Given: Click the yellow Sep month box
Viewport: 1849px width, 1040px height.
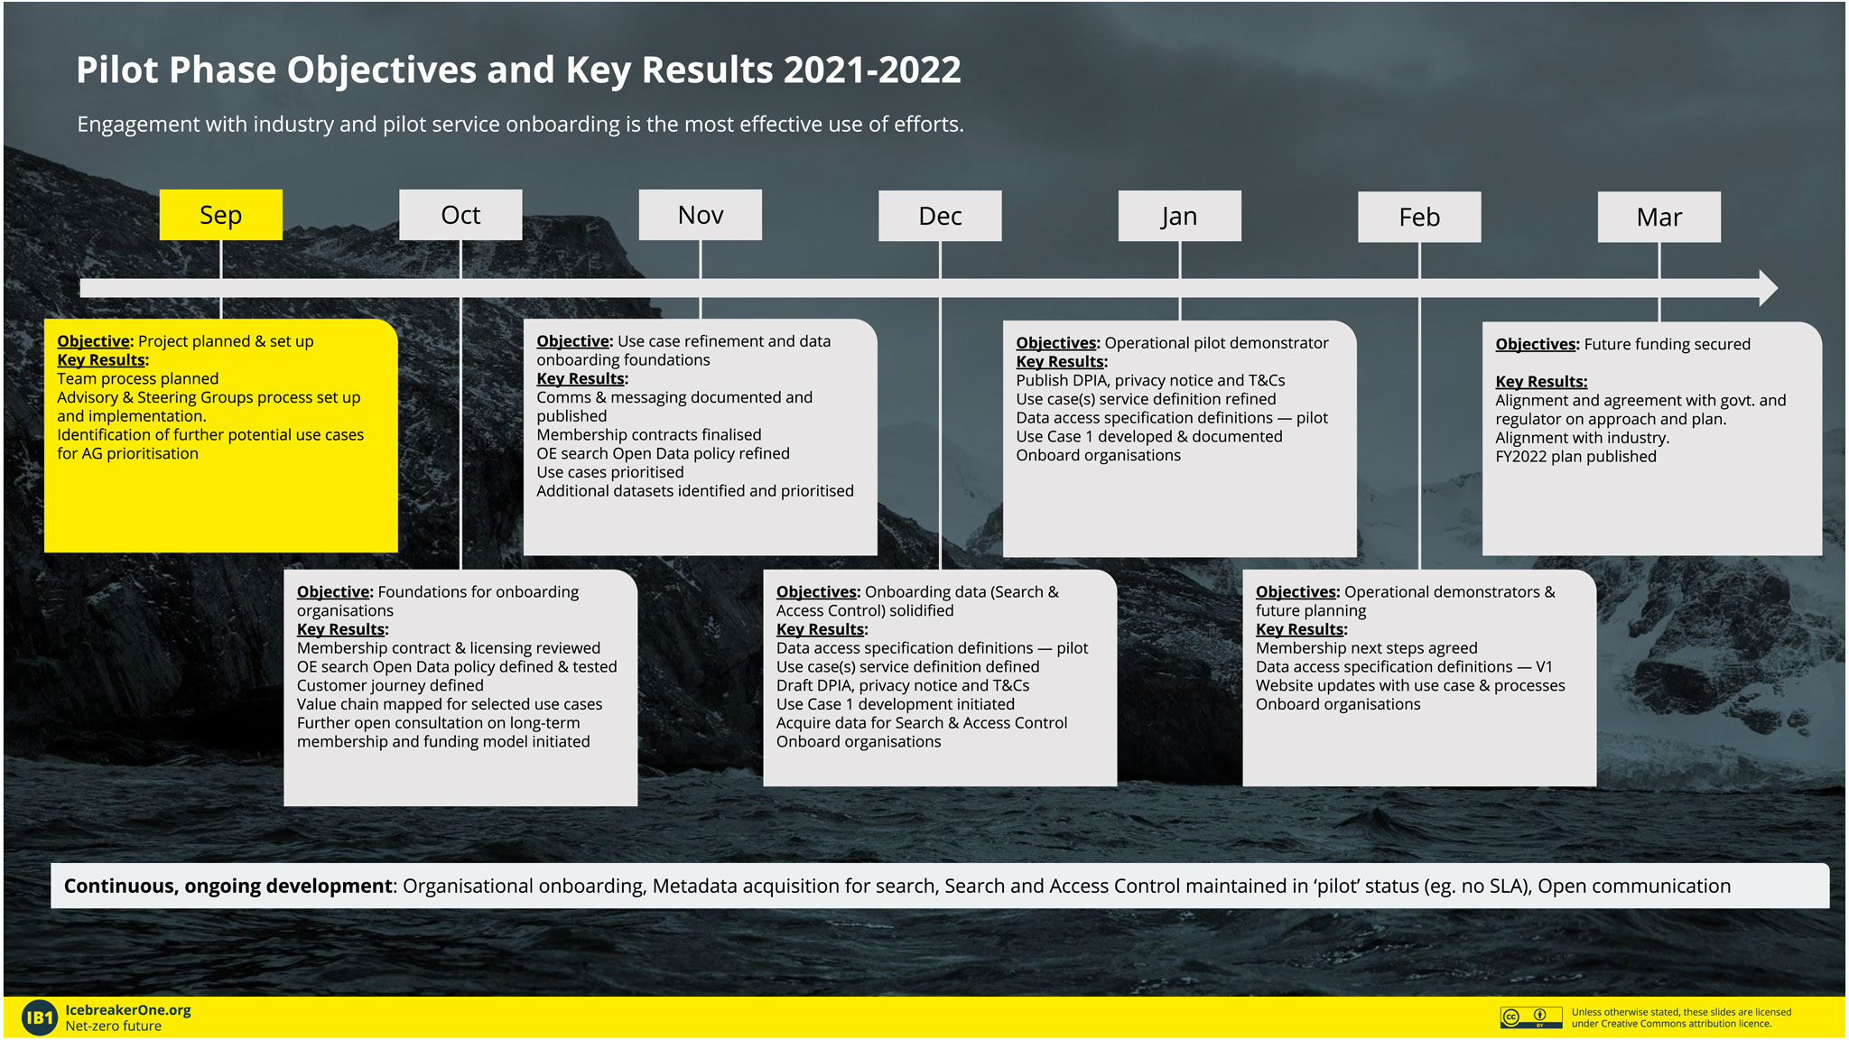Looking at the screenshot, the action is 220,215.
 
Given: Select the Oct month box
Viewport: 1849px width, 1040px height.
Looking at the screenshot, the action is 460,215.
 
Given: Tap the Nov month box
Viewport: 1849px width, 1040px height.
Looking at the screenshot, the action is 701,215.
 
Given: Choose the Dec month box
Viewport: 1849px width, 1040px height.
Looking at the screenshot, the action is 940,216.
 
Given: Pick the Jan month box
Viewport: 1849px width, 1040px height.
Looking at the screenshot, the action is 1180,216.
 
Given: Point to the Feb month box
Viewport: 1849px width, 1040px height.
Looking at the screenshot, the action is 1419,217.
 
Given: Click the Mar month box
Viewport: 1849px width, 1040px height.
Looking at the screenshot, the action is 1659,217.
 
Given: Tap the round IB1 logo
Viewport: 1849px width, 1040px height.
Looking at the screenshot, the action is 39,1018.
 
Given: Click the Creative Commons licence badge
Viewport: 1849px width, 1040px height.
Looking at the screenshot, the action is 1531,1017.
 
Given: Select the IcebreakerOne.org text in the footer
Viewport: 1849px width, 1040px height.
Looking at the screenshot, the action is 128,1010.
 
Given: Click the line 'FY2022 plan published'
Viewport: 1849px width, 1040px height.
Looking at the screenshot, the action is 1575,457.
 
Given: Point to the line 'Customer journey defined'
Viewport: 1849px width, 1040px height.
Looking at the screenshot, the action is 390,685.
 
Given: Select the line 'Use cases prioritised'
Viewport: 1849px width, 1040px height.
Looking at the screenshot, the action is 610,472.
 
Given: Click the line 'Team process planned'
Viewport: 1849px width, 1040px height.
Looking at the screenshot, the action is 138,379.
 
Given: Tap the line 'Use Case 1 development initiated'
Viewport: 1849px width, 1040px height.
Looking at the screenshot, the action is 896,704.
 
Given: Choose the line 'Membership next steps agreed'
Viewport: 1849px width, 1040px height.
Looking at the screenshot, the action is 1367,648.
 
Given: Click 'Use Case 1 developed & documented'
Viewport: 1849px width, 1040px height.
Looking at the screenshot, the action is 1149,437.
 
